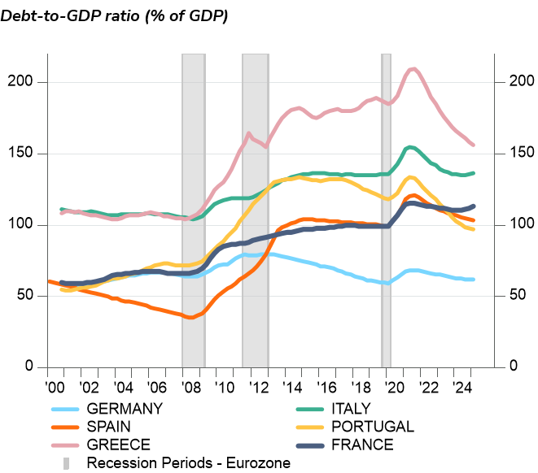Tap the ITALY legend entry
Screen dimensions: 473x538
[351, 409]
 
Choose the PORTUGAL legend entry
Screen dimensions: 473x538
[372, 427]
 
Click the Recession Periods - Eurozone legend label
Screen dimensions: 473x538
[188, 463]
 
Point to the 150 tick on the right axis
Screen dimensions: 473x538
[511, 154]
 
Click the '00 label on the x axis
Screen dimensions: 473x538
[55, 386]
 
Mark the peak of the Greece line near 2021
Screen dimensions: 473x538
[414, 69]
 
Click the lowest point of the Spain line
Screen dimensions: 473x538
[190, 317]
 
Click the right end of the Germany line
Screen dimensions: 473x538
[474, 280]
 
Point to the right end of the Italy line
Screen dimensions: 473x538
[474, 173]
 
